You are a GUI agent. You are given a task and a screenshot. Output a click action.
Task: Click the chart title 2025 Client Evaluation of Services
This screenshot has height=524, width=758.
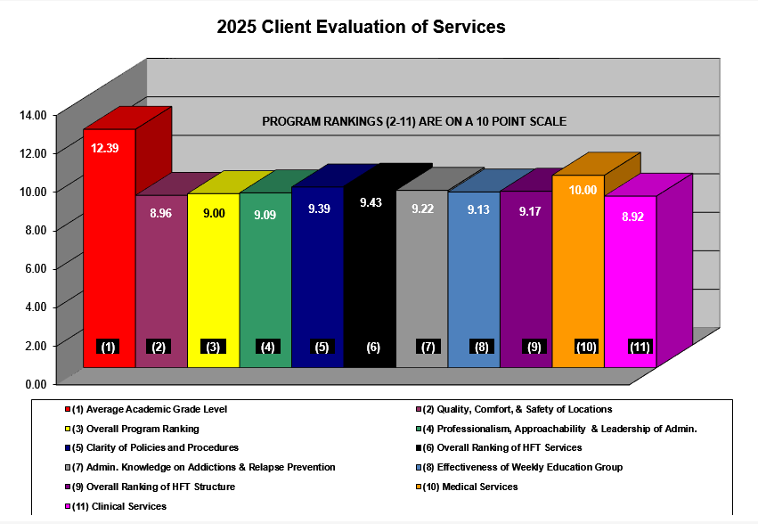tap(361, 28)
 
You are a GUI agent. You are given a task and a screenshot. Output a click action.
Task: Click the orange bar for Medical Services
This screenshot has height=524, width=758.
tap(578, 276)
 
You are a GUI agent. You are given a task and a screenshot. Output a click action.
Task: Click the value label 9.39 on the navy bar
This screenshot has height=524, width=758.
tap(319, 209)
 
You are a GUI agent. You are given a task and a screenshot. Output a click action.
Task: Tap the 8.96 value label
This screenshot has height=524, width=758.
tap(160, 213)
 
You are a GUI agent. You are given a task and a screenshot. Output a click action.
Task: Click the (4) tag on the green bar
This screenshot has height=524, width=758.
tap(266, 347)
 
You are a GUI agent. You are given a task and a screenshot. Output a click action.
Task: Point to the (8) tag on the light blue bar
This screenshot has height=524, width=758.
tap(482, 347)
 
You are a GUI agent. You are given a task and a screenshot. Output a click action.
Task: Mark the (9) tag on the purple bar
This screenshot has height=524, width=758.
tap(534, 347)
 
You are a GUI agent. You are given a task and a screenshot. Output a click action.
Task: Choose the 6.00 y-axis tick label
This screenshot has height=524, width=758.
tap(34, 268)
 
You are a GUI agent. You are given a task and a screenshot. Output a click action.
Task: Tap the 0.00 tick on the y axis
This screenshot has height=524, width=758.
tap(34, 384)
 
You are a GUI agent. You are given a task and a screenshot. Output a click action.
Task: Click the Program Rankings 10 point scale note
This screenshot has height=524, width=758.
tap(414, 121)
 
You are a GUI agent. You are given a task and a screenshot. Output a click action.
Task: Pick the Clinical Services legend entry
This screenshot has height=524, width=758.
tap(118, 506)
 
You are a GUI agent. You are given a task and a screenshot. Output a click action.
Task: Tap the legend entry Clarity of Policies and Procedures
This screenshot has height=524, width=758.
tap(155, 447)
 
